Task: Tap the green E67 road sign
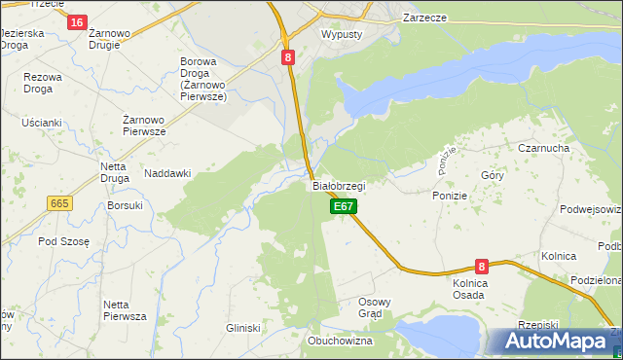click(x=344, y=206)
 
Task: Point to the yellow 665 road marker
click(x=59, y=202)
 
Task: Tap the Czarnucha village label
click(x=543, y=148)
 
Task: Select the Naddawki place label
click(x=167, y=173)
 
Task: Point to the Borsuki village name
click(x=126, y=205)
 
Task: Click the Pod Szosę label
click(x=63, y=241)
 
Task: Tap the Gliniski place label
click(x=243, y=329)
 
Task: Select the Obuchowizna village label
click(x=341, y=342)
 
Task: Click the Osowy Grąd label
click(x=375, y=307)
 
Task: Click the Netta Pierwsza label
click(x=125, y=310)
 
